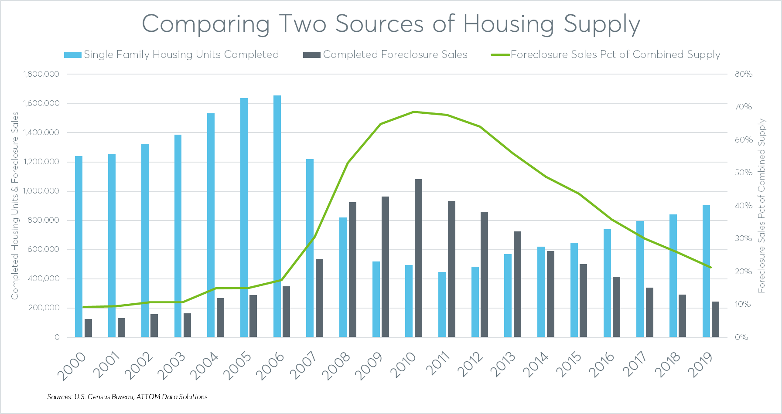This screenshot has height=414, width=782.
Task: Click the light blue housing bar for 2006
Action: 277,216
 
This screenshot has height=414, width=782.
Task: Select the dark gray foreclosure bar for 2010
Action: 418,258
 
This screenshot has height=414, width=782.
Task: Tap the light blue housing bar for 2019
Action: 706,271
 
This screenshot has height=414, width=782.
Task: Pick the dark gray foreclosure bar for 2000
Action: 88,328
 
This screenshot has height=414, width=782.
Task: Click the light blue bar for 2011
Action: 442,304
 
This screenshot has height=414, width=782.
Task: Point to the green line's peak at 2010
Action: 414,112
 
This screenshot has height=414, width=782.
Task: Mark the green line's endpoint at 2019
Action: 710,267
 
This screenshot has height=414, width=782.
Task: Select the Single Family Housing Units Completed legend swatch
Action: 72,55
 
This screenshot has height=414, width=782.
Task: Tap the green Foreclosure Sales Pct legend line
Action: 500,55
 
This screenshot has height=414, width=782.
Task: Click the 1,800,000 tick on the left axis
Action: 41,74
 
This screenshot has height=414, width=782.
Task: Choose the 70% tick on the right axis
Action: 743,107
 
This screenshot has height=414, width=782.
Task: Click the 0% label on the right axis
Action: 741,337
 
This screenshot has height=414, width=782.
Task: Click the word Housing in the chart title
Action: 509,24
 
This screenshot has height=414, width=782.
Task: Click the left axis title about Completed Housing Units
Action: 15,205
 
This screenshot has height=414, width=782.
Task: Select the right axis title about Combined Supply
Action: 762,205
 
